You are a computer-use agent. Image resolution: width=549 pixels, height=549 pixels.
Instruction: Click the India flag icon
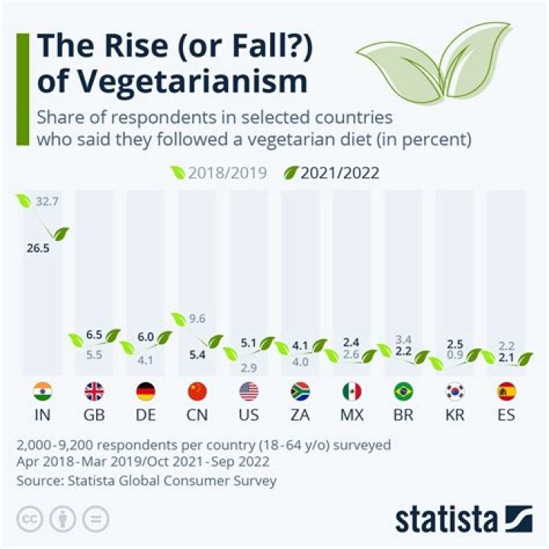pyautogui.click(x=43, y=392)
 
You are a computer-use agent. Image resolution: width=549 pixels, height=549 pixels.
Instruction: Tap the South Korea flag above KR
pyautogui.click(x=454, y=392)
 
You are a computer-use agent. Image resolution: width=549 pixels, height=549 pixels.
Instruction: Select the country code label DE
pyautogui.click(x=146, y=418)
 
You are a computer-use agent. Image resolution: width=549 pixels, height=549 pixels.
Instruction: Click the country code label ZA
pyautogui.click(x=300, y=418)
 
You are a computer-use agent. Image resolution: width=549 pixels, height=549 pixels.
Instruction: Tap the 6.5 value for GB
pyautogui.click(x=95, y=334)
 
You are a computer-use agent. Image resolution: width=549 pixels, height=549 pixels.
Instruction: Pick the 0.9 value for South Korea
pyautogui.click(x=456, y=354)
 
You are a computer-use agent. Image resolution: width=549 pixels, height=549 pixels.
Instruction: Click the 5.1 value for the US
pyautogui.click(x=249, y=342)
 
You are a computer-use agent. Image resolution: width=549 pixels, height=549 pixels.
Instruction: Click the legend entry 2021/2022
pyautogui.click(x=339, y=172)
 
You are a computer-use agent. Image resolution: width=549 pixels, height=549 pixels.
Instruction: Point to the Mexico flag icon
pyautogui.click(x=352, y=392)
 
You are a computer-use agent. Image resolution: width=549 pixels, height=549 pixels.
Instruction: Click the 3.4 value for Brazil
pyautogui.click(x=403, y=339)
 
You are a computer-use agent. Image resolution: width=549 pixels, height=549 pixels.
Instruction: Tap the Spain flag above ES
pyautogui.click(x=506, y=392)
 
